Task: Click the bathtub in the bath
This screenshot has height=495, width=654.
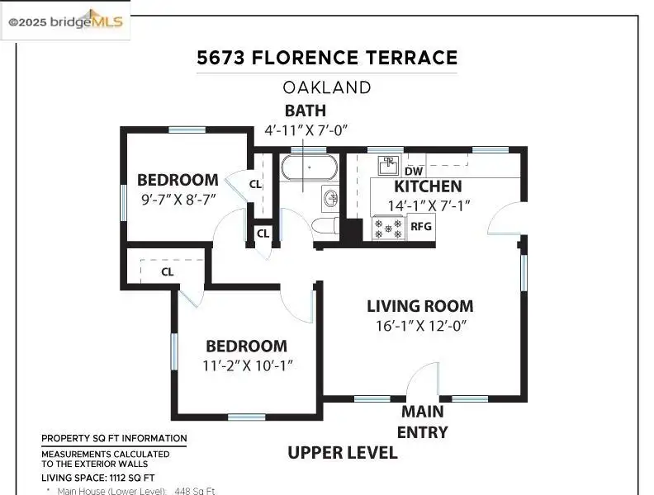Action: click(309, 167)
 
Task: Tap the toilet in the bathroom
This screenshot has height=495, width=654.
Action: click(325, 226)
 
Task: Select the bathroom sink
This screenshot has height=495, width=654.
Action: click(330, 199)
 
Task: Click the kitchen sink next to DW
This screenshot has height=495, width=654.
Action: click(389, 166)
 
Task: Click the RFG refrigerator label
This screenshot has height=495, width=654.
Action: click(421, 226)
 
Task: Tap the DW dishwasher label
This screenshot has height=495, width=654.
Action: click(414, 171)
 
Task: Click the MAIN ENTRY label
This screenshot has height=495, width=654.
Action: click(423, 422)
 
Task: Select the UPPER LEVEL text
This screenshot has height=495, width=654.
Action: click(343, 452)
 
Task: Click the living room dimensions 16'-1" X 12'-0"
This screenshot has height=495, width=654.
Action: click(420, 325)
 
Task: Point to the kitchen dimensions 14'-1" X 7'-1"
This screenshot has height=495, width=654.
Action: click(429, 205)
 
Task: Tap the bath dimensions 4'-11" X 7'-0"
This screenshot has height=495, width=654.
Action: click(306, 130)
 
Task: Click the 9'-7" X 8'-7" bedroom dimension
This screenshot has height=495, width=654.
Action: click(178, 199)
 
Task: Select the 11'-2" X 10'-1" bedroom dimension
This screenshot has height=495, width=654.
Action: click(248, 365)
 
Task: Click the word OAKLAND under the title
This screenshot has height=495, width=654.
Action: click(327, 87)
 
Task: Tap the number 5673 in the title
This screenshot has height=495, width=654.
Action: click(220, 58)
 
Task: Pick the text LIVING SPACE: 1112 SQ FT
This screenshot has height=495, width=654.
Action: click(97, 478)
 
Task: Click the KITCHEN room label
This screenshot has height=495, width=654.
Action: click(428, 186)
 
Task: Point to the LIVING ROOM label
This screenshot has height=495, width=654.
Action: click(420, 306)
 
